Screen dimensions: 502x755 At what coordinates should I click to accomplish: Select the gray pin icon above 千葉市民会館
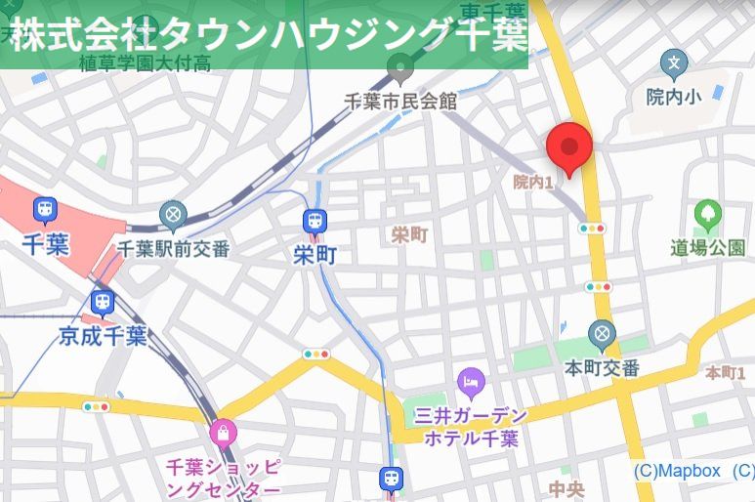[399, 68]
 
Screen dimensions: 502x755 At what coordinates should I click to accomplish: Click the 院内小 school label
[674, 96]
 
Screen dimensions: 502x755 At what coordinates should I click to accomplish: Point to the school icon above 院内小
[674, 64]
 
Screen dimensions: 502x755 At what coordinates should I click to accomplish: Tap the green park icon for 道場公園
[707, 214]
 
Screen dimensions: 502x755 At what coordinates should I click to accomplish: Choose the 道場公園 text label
[707, 247]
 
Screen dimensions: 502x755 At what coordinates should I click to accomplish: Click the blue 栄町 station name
[315, 256]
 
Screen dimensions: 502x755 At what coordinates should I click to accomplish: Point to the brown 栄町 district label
[410, 234]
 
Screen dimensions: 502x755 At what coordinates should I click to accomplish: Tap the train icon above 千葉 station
[45, 209]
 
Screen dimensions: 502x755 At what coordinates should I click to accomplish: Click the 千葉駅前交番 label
[174, 248]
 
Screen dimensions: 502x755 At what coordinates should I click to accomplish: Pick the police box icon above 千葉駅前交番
[173, 214]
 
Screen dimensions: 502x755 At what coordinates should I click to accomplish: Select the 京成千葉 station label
[103, 337]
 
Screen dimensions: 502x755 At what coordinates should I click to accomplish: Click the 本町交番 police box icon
[603, 335]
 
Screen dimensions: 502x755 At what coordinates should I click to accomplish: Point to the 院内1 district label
[533, 182]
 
